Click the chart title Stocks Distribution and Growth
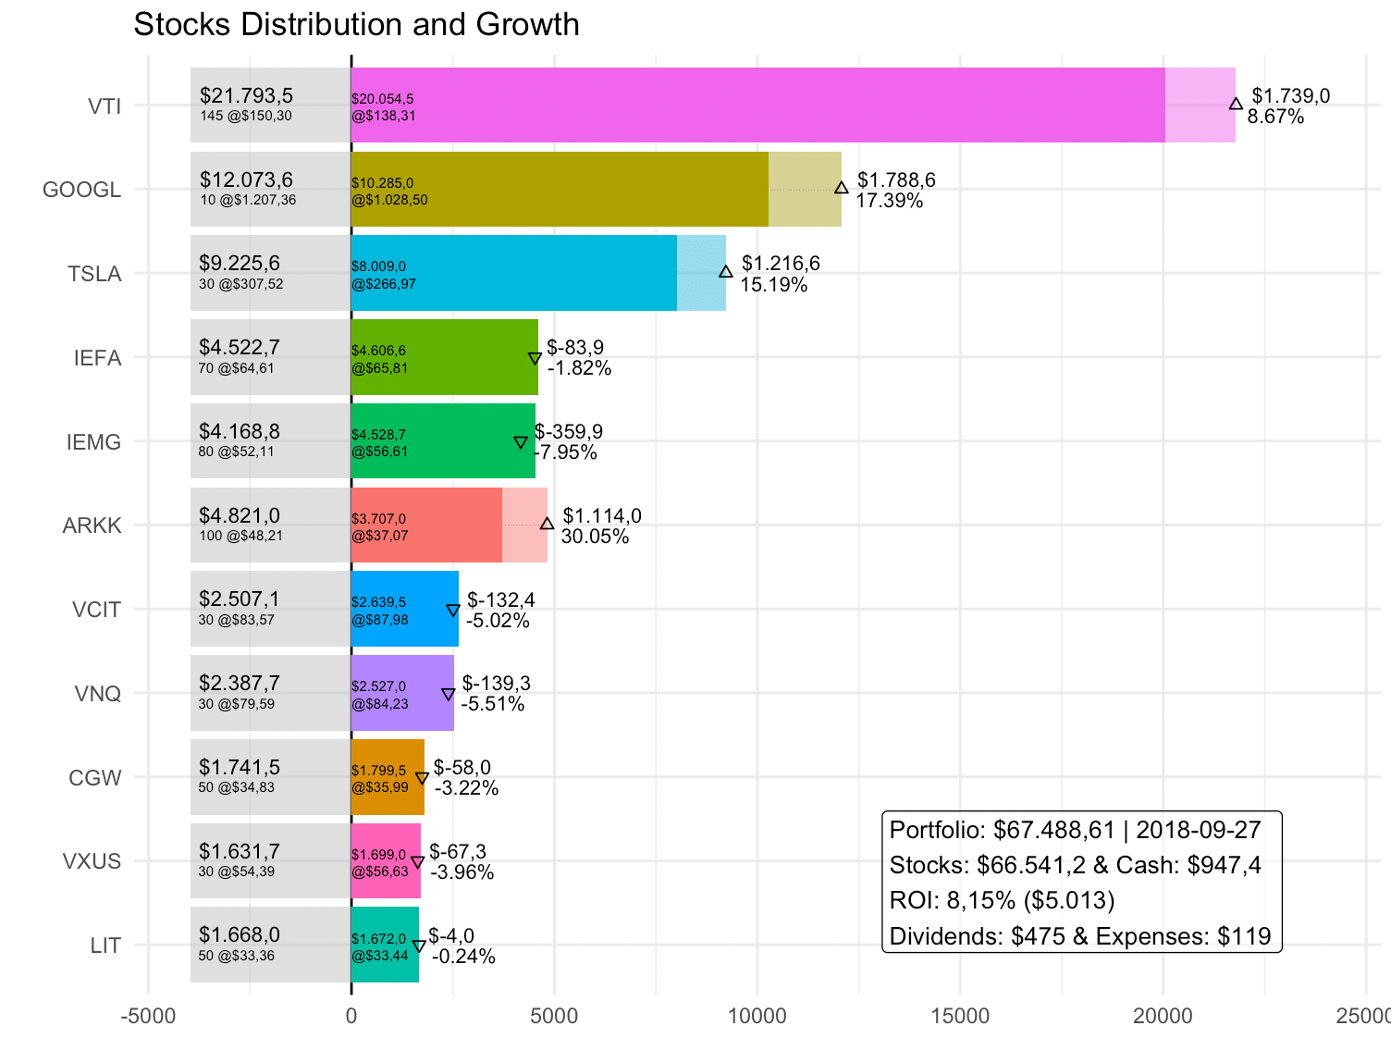356,24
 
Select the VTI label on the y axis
105,106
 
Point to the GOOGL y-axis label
81,190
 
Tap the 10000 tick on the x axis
757,1016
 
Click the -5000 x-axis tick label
148,1016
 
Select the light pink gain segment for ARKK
524,525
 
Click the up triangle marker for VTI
1236,104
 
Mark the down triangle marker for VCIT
453,611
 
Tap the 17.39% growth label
889,201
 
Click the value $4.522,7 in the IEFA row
240,348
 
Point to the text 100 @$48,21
240,536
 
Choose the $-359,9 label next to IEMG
569,432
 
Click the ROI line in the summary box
1002,900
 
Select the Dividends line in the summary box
1079,936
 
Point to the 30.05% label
595,537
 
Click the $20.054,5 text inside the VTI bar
382,99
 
